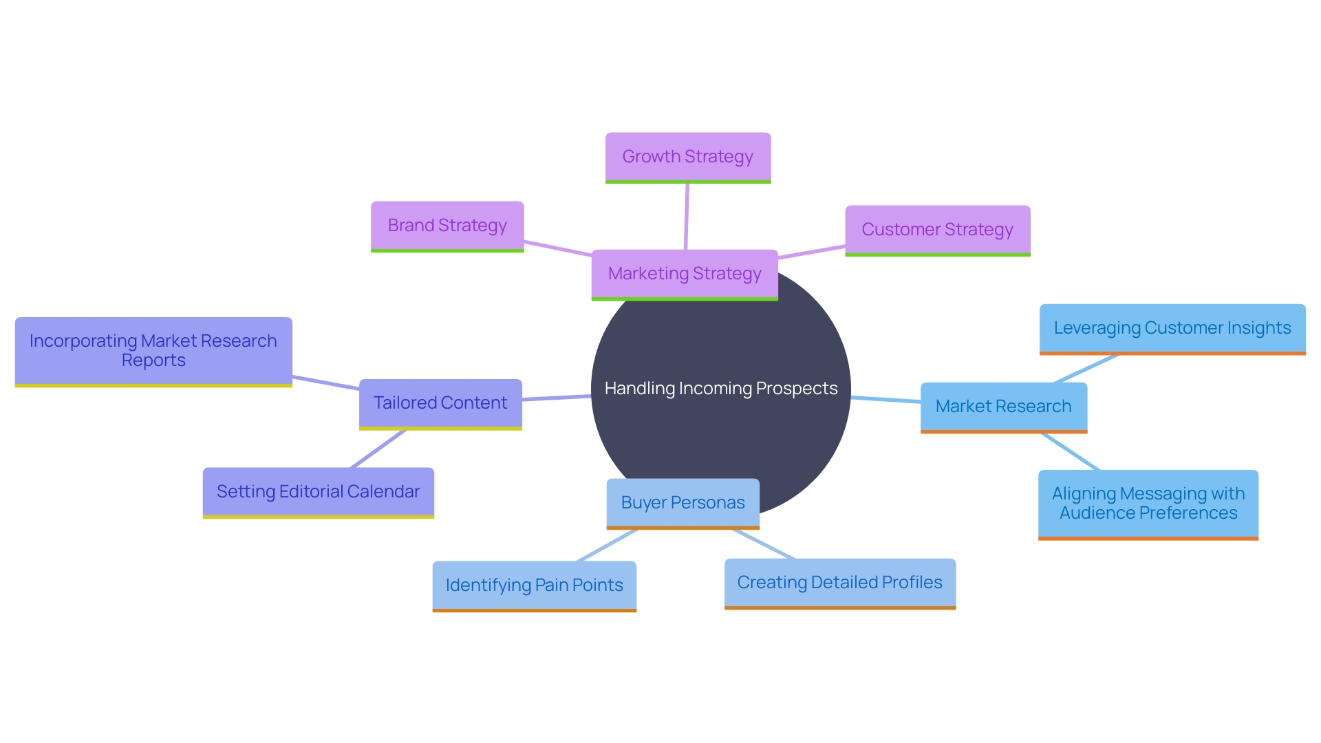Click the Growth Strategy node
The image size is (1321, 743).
[688, 157]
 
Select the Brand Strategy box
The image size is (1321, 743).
[447, 226]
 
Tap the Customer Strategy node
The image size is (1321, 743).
[937, 230]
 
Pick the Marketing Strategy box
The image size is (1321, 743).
[685, 274]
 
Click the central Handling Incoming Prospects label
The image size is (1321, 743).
[721, 389]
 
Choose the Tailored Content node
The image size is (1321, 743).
[440, 403]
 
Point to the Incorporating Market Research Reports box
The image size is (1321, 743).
[153, 351]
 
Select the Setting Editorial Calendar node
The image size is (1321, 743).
[318, 492]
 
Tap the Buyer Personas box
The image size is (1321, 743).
[683, 503]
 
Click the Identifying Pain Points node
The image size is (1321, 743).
[534, 585]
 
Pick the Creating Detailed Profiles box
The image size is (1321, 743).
[839, 583]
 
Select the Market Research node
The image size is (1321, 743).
[1003, 407]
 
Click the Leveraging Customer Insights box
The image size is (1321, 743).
[1172, 328]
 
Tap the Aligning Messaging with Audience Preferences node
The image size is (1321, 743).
[1148, 504]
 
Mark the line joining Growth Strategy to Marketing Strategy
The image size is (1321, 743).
[687, 216]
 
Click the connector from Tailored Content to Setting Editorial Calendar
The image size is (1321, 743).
[378, 449]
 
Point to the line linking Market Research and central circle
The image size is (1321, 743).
[885, 400]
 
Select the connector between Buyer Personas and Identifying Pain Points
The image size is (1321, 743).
[607, 546]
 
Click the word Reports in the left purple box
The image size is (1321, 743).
[153, 360]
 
